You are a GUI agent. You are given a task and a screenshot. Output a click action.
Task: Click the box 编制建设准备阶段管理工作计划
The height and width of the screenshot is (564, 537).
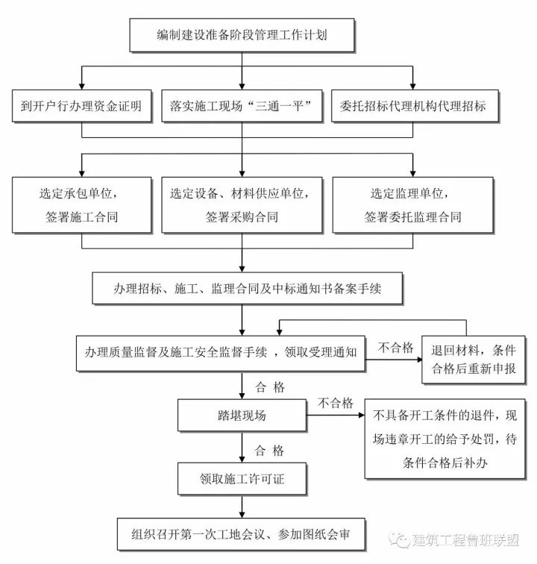tap(242, 35)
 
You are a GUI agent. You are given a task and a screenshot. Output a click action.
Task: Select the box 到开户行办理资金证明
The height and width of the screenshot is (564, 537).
tap(81, 107)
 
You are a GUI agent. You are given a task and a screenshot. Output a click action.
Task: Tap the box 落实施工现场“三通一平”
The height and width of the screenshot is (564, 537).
tap(242, 107)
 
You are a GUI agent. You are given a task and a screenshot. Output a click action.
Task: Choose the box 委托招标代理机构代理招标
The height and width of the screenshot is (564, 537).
tap(412, 107)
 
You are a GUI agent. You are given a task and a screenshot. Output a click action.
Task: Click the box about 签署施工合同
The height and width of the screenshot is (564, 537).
tap(81, 204)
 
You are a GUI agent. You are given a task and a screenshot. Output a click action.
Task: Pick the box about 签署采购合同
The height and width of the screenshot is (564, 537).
tap(242, 204)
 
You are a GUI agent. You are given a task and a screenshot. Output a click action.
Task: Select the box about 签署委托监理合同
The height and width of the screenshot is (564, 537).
tap(412, 204)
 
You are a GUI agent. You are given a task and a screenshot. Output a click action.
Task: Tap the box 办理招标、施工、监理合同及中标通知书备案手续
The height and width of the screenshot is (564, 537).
tap(242, 286)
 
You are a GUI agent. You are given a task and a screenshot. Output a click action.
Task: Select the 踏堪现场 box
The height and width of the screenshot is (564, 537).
tap(242, 416)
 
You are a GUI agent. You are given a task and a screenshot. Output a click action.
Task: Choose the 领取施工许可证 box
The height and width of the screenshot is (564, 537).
tap(242, 478)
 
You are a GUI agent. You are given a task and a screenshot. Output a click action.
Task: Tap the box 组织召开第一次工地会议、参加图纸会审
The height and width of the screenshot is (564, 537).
tap(242, 536)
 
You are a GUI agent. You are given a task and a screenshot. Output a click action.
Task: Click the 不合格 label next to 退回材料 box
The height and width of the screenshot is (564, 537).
tap(395, 347)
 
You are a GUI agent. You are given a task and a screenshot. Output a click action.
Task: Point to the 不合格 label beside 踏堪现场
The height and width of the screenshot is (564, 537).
tap(335, 403)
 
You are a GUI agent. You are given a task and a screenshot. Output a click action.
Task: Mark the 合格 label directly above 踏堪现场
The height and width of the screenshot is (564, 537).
tap(269, 386)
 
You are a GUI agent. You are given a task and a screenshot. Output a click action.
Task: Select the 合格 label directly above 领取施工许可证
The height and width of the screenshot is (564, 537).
tap(269, 450)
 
